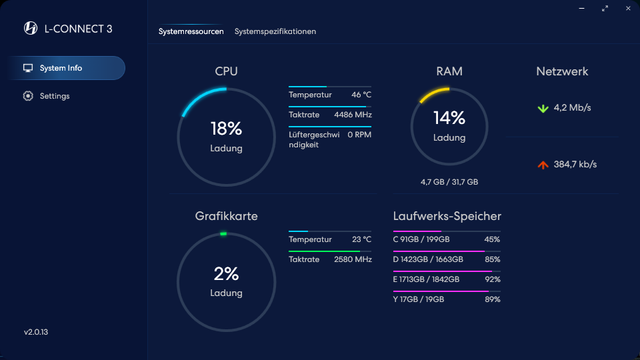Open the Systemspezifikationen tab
click(275, 31)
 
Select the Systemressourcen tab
click(191, 31)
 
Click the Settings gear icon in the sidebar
click(28, 96)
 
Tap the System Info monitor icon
click(28, 68)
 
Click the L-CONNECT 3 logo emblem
click(31, 28)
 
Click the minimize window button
click(581, 8)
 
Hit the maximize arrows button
click(605, 8)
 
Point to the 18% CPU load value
click(226, 129)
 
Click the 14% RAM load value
click(449, 118)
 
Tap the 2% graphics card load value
click(226, 273)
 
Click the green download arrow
click(543, 108)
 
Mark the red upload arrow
click(543, 165)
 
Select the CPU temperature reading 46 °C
click(361, 95)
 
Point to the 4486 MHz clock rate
click(353, 115)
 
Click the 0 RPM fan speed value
click(359, 135)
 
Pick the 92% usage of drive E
click(492, 279)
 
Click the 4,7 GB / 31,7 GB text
click(449, 182)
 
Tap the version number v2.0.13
click(36, 332)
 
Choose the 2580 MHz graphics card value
click(353, 259)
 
